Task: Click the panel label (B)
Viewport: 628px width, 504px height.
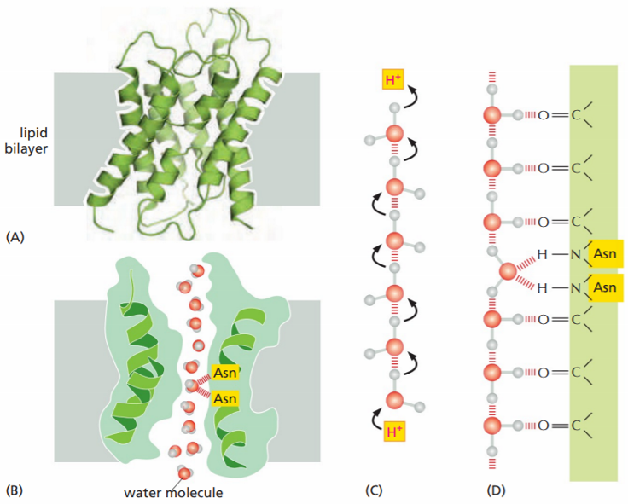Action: point(15,490)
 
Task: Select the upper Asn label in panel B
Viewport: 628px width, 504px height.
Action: point(225,373)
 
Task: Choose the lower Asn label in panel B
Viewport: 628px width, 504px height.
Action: point(225,397)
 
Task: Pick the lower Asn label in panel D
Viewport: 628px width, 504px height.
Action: point(604,287)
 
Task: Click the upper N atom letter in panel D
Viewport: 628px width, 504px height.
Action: point(575,255)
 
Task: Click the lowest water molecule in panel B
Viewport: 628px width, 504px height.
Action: point(183,472)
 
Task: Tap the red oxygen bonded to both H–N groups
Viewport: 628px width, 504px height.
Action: point(507,272)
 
